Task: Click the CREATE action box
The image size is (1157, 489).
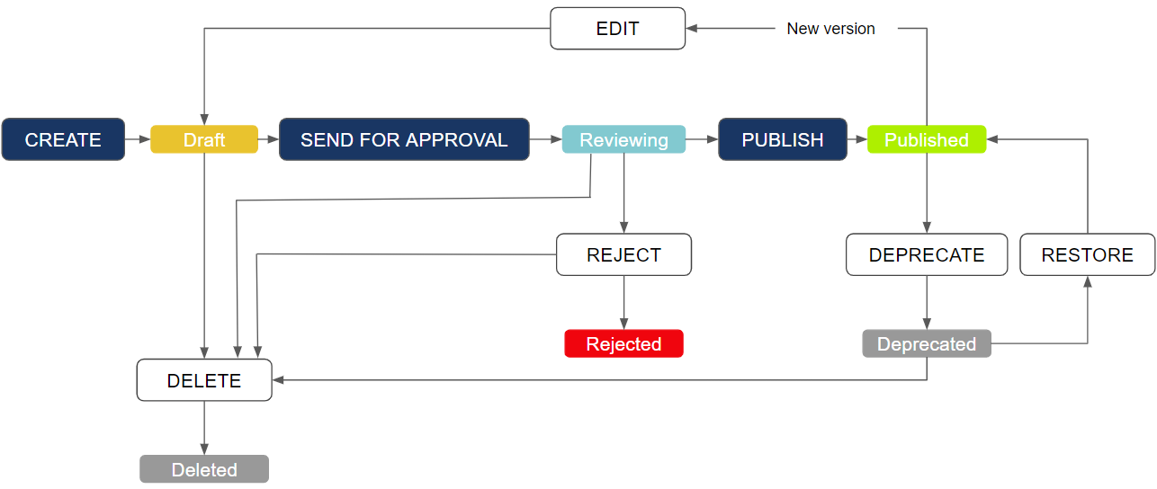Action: click(x=63, y=139)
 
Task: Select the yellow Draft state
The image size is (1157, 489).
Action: click(x=204, y=139)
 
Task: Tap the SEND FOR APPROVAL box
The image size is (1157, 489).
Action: click(x=404, y=139)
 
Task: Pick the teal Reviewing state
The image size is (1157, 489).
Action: click(x=623, y=139)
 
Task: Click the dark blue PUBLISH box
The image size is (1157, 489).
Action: click(x=783, y=139)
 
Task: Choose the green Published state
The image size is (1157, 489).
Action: click(x=927, y=139)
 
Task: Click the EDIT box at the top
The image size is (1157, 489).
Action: click(x=617, y=29)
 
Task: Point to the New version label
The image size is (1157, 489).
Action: click(x=830, y=29)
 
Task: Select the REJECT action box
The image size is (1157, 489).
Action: click(x=623, y=254)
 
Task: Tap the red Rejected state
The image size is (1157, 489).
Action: click(x=623, y=343)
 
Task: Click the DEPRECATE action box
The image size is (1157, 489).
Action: click(x=927, y=254)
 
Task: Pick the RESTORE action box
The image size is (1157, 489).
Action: click(x=1087, y=254)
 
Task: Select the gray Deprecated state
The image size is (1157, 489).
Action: click(x=927, y=343)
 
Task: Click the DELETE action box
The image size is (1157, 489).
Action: click(x=204, y=380)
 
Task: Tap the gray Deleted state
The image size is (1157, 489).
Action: click(x=204, y=469)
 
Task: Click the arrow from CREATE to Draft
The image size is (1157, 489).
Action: click(x=138, y=139)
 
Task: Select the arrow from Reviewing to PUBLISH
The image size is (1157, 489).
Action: click(x=702, y=139)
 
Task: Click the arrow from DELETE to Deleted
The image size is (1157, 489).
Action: click(x=204, y=428)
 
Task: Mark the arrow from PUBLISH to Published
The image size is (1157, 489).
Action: click(x=857, y=139)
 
